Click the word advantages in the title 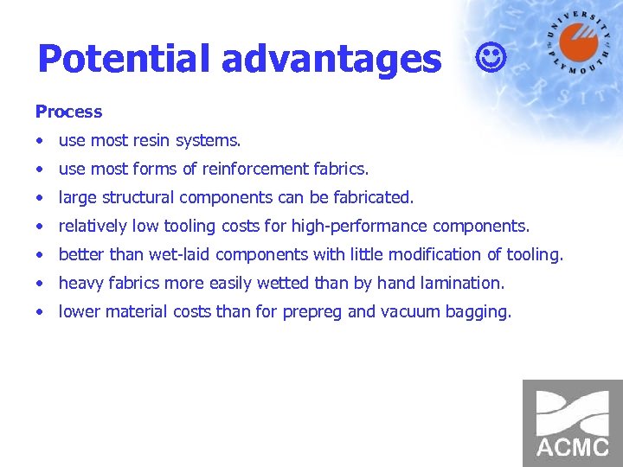(331, 59)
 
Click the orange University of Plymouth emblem (578, 43)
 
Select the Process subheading (68, 112)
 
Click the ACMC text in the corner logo (572, 447)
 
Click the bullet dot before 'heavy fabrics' (40, 284)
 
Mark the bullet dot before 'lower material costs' (40, 312)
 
